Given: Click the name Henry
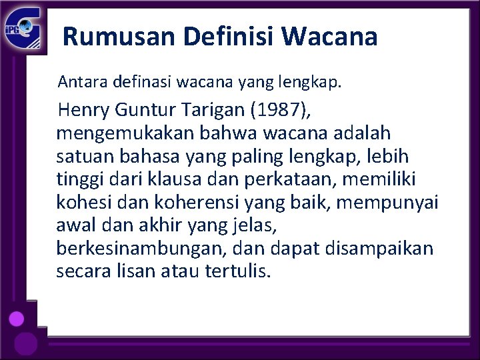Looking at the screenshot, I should point(81,109).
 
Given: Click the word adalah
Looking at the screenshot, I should point(364,133).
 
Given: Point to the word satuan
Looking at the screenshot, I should point(79,156).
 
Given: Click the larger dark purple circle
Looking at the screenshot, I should point(25,344).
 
